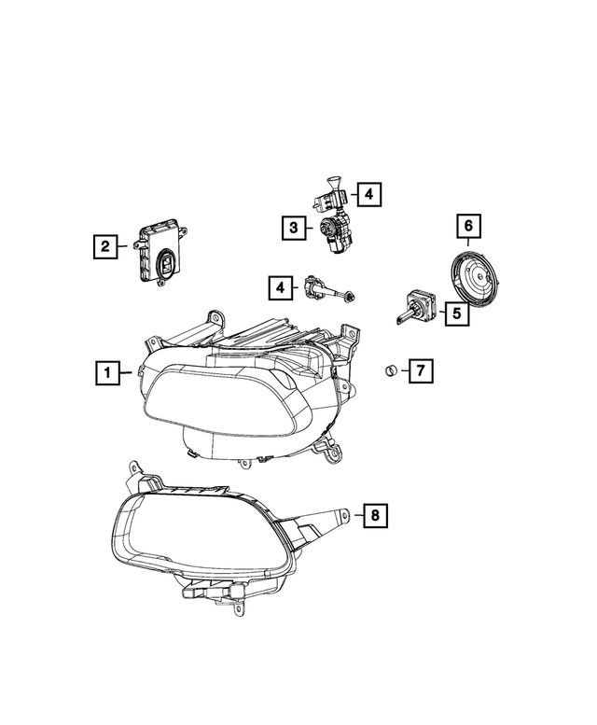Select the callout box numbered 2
[x=105, y=246]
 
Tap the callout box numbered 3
[x=292, y=227]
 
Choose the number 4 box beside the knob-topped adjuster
[x=368, y=194]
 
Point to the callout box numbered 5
[x=456, y=314]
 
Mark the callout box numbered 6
[x=468, y=227]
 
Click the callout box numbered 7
[x=419, y=372]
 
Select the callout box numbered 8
[x=374, y=513]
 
